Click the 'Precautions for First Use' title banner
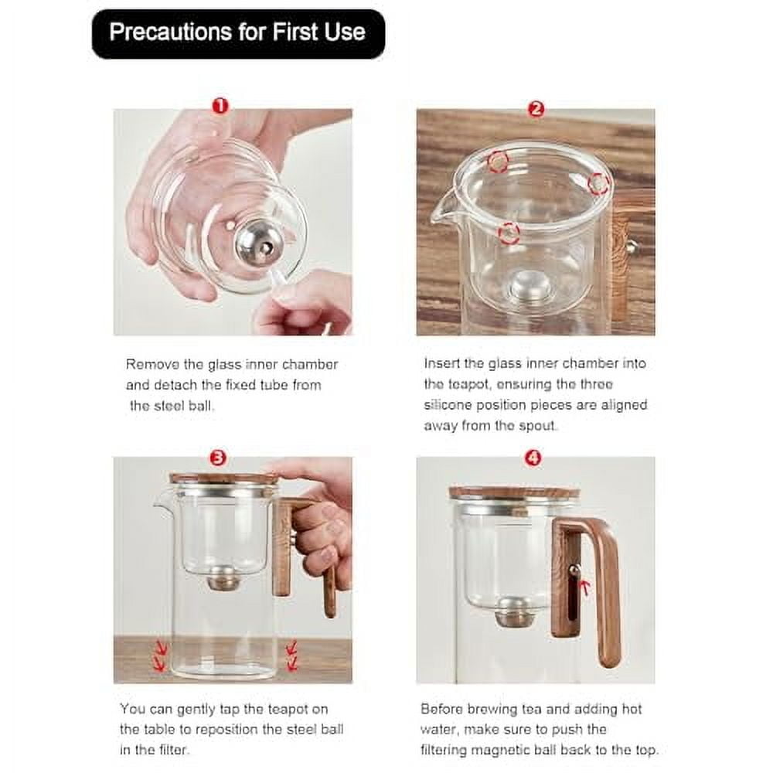[237, 33]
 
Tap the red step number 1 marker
[220, 106]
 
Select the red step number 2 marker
[536, 109]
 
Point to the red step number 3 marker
[219, 458]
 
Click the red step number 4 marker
[533, 458]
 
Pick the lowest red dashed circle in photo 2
[508, 232]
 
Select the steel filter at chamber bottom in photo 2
[530, 286]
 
